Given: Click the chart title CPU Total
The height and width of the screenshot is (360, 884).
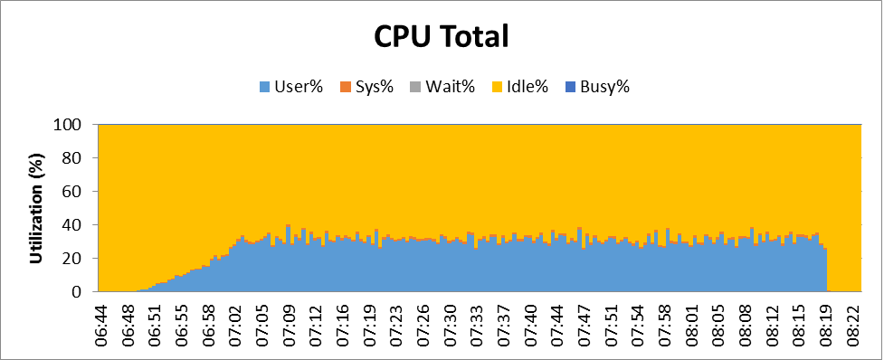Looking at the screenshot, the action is coord(442,37).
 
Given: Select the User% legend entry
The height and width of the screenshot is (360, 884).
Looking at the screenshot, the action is coord(291,87).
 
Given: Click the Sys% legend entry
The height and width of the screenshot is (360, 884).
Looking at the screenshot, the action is coord(366,87).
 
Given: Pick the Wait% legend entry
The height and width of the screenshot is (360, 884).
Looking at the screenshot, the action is coord(442,87).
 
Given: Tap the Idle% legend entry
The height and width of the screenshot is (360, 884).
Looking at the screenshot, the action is coord(519,87).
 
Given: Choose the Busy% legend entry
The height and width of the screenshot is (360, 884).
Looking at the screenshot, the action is coord(597,87).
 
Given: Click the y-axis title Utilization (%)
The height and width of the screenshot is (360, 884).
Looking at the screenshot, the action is coord(37,208).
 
